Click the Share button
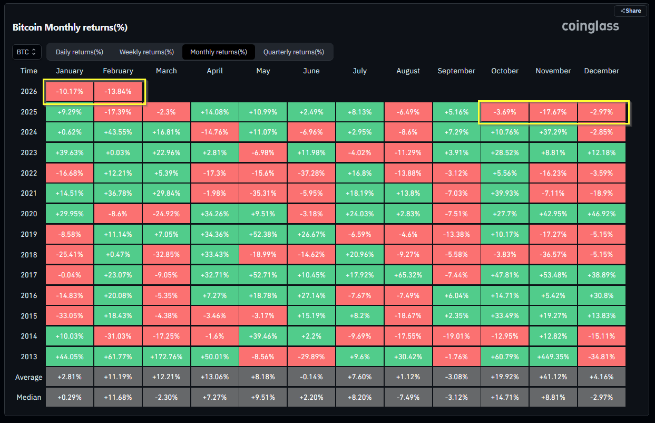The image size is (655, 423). click(630, 11)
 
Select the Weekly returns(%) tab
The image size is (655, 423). click(146, 52)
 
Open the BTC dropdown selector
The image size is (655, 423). click(26, 52)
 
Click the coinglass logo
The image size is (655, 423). click(590, 26)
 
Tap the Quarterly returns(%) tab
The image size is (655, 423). click(294, 52)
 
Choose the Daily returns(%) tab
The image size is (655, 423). click(80, 52)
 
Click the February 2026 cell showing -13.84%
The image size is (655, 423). click(118, 92)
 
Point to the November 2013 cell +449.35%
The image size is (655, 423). click(553, 357)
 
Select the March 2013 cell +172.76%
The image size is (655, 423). click(167, 357)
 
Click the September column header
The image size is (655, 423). click(456, 71)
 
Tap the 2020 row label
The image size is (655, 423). click(29, 214)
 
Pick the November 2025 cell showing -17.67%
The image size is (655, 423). click(553, 112)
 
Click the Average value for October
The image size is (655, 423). click(505, 377)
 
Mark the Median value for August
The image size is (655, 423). click(408, 398)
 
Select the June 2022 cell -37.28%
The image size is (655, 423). click(311, 173)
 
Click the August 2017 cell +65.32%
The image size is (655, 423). click(408, 275)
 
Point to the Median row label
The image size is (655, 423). click(29, 398)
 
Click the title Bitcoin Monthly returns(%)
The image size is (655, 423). click(70, 27)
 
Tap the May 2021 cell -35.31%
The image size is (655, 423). click(263, 193)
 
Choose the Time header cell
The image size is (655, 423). click(29, 71)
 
